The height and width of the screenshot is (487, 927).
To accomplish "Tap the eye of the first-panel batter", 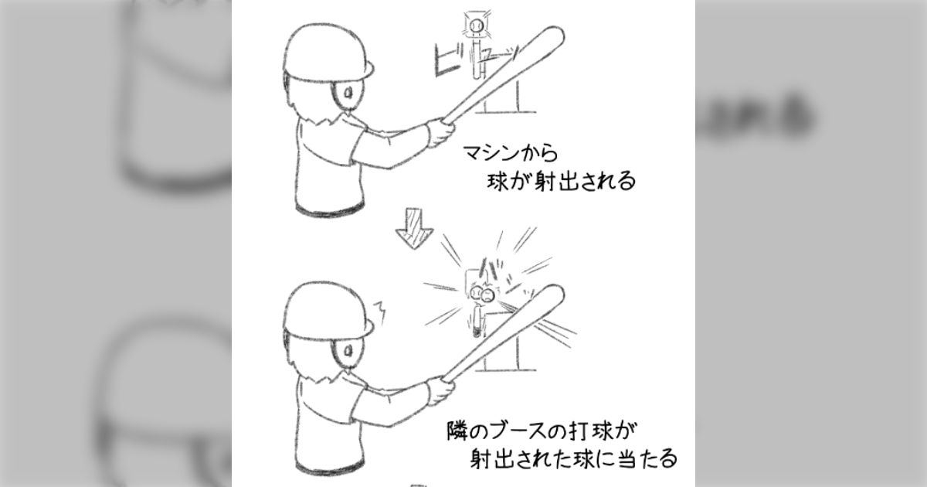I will click(x=348, y=95).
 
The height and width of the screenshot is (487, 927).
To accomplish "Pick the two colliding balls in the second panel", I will click(x=482, y=294).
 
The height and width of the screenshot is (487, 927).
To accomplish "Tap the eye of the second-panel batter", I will click(x=348, y=349).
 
